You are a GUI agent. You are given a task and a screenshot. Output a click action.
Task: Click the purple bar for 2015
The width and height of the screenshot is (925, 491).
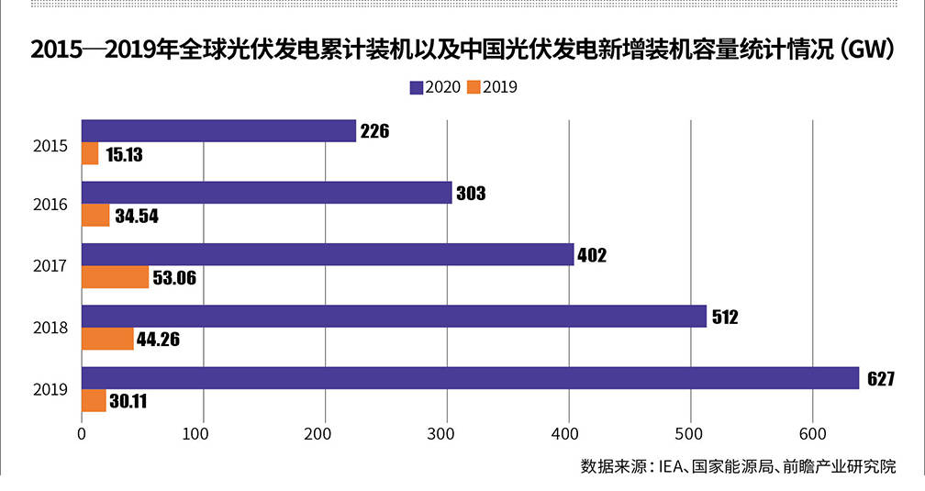(218, 131)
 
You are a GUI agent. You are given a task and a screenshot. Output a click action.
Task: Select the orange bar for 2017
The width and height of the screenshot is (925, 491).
(115, 277)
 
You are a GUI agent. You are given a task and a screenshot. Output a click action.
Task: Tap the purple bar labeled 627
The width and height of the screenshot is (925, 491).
(470, 378)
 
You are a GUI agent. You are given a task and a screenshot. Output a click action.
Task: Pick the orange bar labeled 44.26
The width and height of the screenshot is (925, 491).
(107, 339)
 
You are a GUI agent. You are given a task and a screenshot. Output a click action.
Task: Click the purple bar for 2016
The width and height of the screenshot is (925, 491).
(266, 193)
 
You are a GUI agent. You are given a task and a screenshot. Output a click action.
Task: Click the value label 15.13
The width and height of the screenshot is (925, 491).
(124, 155)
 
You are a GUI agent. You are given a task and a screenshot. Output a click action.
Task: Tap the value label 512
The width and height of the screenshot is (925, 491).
(722, 318)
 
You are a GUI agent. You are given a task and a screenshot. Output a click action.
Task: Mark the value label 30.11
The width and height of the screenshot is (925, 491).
(128, 401)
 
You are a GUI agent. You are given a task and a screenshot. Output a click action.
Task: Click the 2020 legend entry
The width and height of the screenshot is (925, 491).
(435, 87)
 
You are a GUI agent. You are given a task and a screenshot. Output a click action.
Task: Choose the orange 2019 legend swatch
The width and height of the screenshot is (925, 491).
(474, 87)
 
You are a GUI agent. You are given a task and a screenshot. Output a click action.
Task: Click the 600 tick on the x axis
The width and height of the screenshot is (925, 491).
(811, 433)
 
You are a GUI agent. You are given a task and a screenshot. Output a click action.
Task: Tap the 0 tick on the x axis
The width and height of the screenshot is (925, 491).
(82, 433)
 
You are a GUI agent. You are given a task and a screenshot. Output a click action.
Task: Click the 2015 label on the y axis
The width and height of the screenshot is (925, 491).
(50, 144)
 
